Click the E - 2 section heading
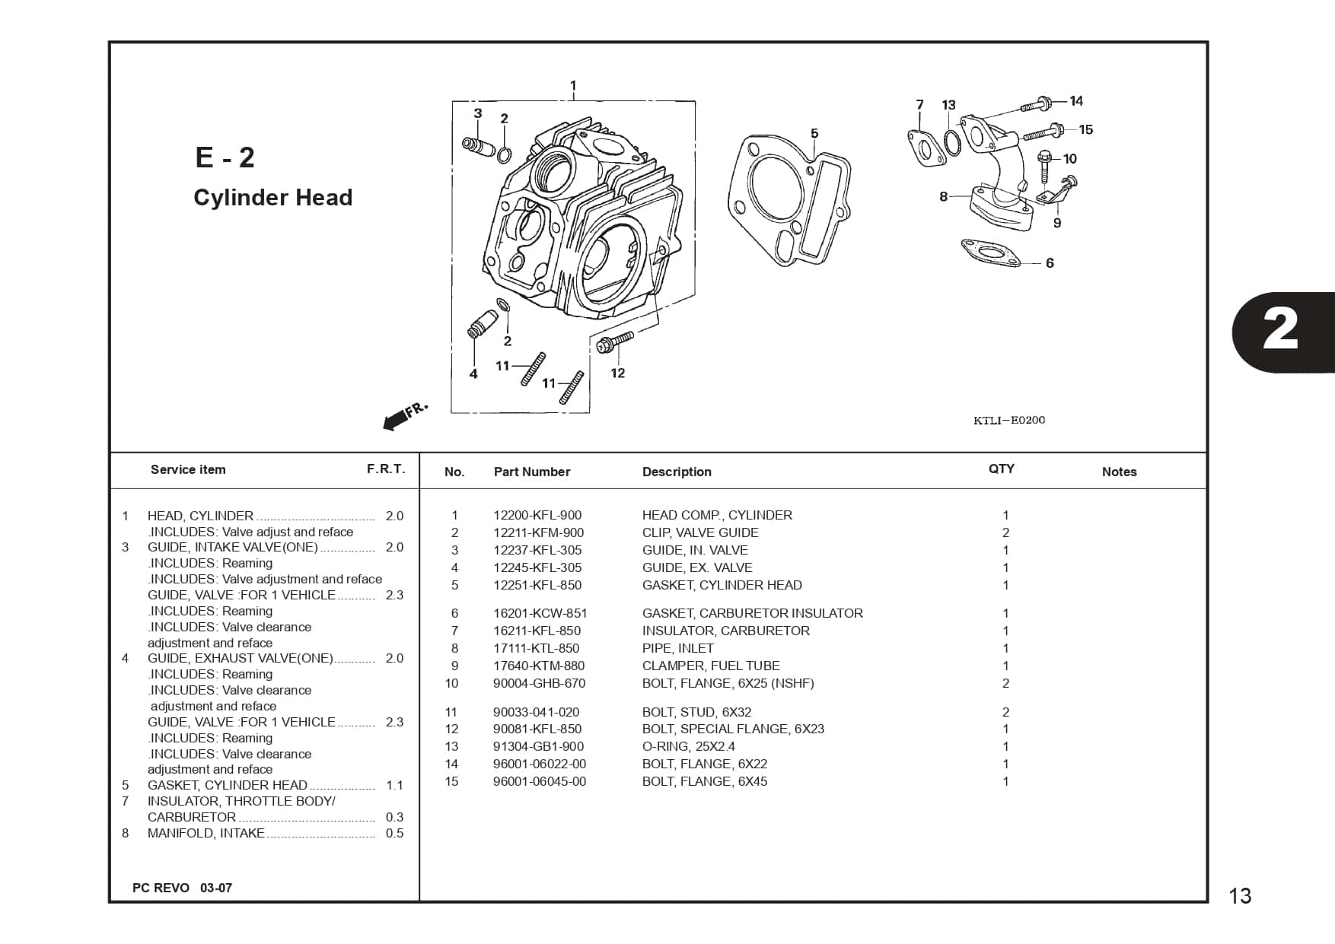tap(225, 157)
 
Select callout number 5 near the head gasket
tap(814, 134)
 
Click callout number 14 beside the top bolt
tap(1076, 101)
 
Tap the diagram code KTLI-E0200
tap(1008, 421)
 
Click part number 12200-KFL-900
tap(537, 515)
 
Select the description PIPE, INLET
tap(677, 648)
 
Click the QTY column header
tap(1001, 469)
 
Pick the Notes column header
tap(1119, 472)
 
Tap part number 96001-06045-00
tap(539, 781)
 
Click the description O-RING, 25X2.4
tap(688, 746)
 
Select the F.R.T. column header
tap(386, 469)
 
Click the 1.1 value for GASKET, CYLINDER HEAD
tap(394, 785)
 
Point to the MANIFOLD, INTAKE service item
tap(206, 833)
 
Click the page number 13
tap(1240, 896)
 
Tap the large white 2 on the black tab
tap(1280, 331)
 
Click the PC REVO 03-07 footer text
tap(182, 888)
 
